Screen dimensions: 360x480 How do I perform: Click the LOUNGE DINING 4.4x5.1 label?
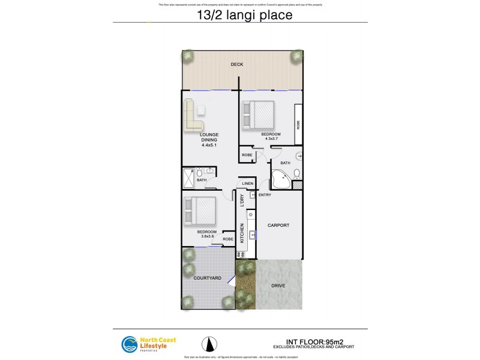(209, 140)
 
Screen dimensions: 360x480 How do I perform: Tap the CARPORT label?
(278, 226)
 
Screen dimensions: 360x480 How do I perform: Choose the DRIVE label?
(278, 286)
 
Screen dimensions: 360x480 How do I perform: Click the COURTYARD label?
(207, 278)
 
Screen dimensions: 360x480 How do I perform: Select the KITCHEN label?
(242, 233)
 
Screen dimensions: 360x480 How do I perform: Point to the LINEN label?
(248, 183)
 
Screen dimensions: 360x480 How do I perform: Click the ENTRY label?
(265, 195)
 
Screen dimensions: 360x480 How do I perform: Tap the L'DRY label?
(242, 200)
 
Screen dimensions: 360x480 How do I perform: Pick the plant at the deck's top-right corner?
(296, 56)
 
